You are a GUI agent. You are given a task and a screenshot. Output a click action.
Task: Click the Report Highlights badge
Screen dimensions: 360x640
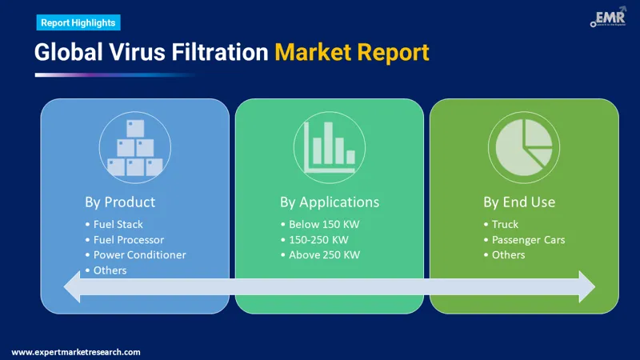[78, 22]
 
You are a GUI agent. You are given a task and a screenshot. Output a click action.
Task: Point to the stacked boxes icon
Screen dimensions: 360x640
[134, 146]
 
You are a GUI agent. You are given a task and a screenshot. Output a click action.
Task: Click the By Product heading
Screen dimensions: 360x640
[120, 202]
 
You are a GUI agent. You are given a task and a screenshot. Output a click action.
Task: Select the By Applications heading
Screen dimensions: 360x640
[329, 202]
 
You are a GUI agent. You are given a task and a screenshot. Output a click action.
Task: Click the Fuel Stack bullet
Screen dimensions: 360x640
[118, 224]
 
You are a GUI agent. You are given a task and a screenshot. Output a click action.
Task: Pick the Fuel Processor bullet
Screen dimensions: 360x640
[128, 239]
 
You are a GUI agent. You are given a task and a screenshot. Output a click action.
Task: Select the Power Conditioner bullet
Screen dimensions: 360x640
[139, 254]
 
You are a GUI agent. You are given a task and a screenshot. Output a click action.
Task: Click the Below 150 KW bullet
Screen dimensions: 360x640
[324, 224]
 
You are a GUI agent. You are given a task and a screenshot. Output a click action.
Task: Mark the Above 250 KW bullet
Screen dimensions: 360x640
[324, 254]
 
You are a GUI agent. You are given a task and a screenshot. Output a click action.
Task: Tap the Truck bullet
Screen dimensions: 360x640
[505, 224]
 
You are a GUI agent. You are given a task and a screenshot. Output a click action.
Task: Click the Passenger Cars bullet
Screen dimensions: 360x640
[528, 239]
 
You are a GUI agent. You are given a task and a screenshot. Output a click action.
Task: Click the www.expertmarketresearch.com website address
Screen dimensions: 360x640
[76, 352]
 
